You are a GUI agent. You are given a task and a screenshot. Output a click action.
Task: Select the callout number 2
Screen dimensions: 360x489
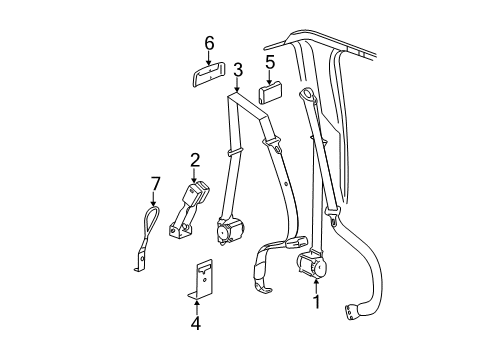[196, 159]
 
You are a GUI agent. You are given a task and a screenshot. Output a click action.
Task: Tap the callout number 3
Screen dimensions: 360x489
[238, 70]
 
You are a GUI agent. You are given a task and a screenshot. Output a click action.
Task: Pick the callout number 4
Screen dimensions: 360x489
[196, 323]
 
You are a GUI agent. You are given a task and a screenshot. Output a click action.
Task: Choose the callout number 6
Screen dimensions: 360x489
[209, 43]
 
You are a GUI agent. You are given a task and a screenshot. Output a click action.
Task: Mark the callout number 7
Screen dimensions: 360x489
[154, 183]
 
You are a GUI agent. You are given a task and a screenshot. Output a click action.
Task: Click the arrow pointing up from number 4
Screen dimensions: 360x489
[196, 306]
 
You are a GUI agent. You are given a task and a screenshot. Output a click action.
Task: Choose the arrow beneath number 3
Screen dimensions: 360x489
[238, 85]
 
